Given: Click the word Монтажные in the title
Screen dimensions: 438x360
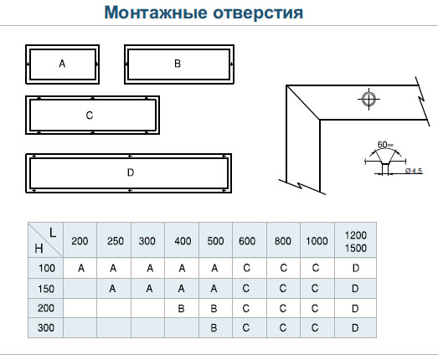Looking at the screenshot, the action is pyautogui.click(x=156, y=13).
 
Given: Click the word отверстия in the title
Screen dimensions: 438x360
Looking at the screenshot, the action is pyautogui.click(x=258, y=13).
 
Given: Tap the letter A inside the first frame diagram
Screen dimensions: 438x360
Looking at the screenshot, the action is pyautogui.click(x=62, y=64).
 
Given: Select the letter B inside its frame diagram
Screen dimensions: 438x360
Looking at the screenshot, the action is pyautogui.click(x=178, y=64).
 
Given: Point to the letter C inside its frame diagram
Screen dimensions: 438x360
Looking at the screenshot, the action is pyautogui.click(x=90, y=115).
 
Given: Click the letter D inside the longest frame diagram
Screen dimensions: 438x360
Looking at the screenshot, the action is pyautogui.click(x=131, y=172).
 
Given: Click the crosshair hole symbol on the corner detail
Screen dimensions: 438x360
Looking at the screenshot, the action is pyautogui.click(x=368, y=99).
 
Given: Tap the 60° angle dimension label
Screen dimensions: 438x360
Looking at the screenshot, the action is pyautogui.click(x=385, y=145).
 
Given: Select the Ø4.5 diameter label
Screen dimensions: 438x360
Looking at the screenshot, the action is pyautogui.click(x=414, y=171).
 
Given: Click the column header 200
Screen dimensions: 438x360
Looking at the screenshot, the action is pyautogui.click(x=80, y=241).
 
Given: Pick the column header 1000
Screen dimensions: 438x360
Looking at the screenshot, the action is pyautogui.click(x=317, y=241).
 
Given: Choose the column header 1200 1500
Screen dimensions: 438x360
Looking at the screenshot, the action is pyautogui.click(x=356, y=242).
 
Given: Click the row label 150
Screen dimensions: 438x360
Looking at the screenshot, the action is pyautogui.click(x=46, y=289).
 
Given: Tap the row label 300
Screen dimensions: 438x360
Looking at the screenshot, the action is pyautogui.click(x=46, y=327).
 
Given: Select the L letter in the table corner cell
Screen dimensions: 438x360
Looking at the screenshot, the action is pyautogui.click(x=53, y=233).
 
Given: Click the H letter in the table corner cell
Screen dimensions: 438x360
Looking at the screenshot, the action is pyautogui.click(x=39, y=249).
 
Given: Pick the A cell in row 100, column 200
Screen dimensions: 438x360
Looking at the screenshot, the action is pyautogui.click(x=81, y=268).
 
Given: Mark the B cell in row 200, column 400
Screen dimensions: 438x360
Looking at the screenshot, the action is pyautogui.click(x=181, y=308).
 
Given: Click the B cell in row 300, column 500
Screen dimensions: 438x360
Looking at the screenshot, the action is pyautogui.click(x=214, y=327).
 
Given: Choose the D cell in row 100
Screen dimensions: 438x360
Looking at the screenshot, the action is pyautogui.click(x=356, y=268).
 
